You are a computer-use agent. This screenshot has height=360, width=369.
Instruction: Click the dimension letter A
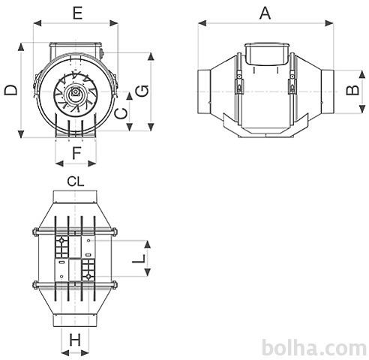point(265,13)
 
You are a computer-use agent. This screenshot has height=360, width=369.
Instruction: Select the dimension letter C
point(121,114)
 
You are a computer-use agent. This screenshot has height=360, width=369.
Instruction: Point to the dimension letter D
point(11,90)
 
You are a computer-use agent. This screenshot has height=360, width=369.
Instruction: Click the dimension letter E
point(78,13)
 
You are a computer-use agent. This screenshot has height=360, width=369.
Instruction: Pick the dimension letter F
point(76,153)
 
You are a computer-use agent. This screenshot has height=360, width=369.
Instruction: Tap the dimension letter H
point(75,340)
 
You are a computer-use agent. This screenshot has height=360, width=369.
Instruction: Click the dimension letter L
point(139,259)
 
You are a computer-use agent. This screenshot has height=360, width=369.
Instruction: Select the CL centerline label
point(76,181)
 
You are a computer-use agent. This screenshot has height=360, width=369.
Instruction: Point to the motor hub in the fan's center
point(75,92)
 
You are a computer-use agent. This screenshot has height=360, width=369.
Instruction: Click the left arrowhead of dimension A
point(202,23)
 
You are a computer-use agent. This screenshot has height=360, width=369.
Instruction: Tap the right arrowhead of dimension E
point(114,23)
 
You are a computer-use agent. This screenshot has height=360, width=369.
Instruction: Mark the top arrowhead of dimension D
point(21,47)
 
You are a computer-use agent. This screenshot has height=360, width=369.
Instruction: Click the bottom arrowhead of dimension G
point(151,127)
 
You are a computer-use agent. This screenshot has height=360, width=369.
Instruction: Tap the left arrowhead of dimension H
point(65,353)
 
